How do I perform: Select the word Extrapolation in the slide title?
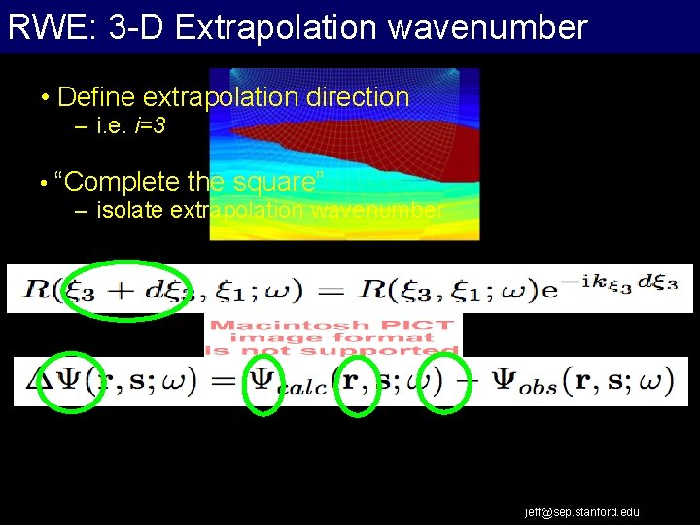pos(278,26)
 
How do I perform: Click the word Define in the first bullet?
pos(96,97)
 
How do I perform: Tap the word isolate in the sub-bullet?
pos(130,210)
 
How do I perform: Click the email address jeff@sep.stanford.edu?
pos(582,511)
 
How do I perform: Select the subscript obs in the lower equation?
pos(537,386)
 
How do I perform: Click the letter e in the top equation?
pos(549,290)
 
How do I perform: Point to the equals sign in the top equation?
pos(332,289)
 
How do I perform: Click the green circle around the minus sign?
pos(447,382)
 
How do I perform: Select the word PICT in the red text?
pos(422,326)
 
